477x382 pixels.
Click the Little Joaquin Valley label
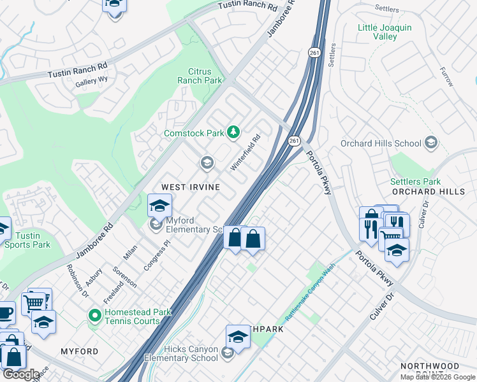(x=385, y=32)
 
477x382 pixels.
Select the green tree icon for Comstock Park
(x=235, y=132)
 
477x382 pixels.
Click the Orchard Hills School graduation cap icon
(x=432, y=143)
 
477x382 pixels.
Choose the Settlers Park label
(x=415, y=181)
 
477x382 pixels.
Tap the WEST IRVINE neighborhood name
(x=190, y=187)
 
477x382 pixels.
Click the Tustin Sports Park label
(x=27, y=240)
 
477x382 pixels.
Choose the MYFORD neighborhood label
(x=79, y=351)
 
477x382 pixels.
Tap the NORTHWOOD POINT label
(x=438, y=370)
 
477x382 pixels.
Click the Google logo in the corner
(x=21, y=375)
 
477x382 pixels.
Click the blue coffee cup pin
(x=4, y=315)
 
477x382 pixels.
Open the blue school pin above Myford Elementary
(x=159, y=206)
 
